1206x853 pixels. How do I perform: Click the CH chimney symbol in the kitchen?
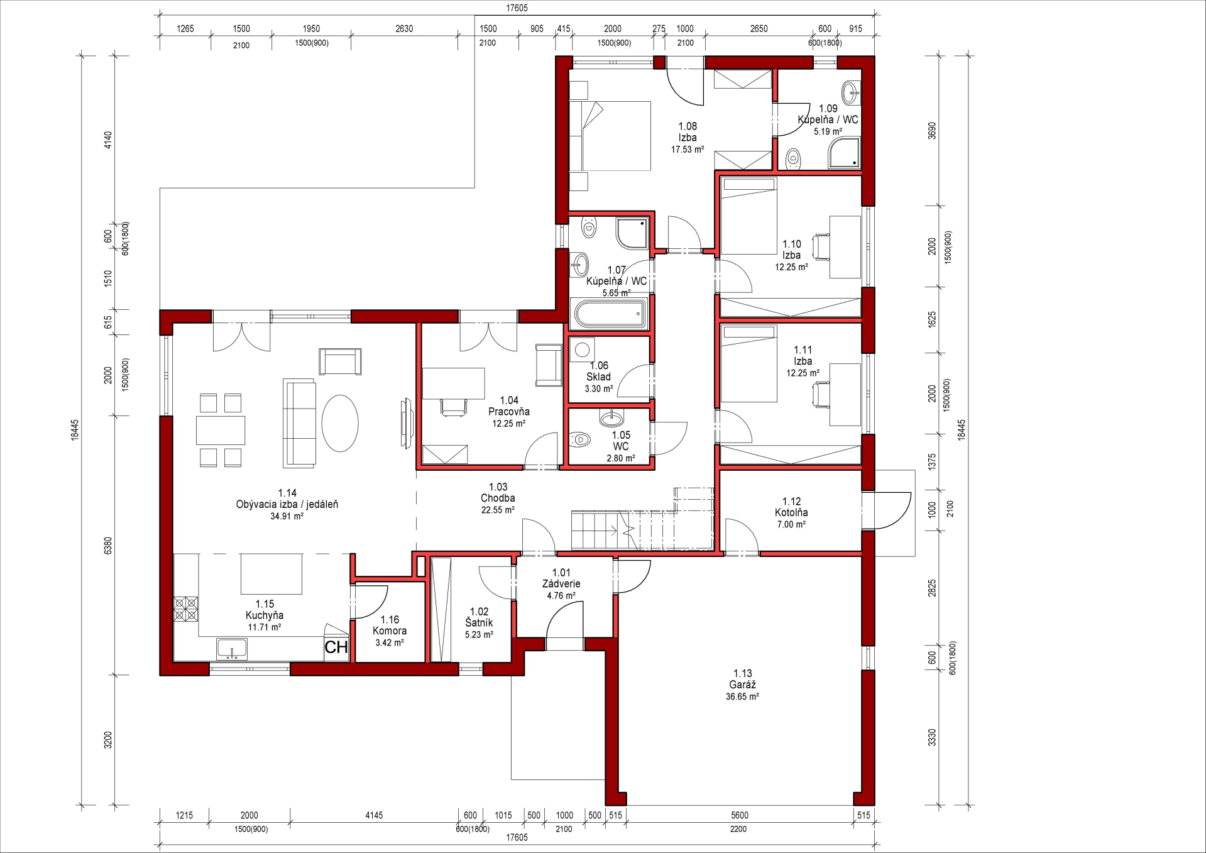coord(336,647)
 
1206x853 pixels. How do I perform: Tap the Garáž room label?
coord(742,685)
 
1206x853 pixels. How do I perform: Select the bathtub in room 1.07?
coord(610,313)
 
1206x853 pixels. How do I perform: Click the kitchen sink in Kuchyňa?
coord(232,649)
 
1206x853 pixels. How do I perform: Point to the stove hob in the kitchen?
coord(186,609)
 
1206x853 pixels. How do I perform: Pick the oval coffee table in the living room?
coord(340,423)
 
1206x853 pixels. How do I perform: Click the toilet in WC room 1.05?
coord(579,439)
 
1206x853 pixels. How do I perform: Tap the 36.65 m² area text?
coord(742,696)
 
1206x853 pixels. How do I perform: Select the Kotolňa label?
coord(791,512)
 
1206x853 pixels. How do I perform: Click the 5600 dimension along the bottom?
coord(740,815)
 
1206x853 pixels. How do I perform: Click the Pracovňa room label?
coord(509,412)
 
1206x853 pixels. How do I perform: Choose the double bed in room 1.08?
coord(610,136)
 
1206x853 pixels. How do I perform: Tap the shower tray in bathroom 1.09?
coord(844,153)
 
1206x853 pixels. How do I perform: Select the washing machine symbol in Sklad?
coord(582,349)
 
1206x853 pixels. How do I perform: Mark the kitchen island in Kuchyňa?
coord(271,573)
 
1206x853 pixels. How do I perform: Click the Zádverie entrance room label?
coord(561,583)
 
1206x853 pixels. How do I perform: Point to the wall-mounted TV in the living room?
coord(406,422)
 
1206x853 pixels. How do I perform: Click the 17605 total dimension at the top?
coord(517,8)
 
